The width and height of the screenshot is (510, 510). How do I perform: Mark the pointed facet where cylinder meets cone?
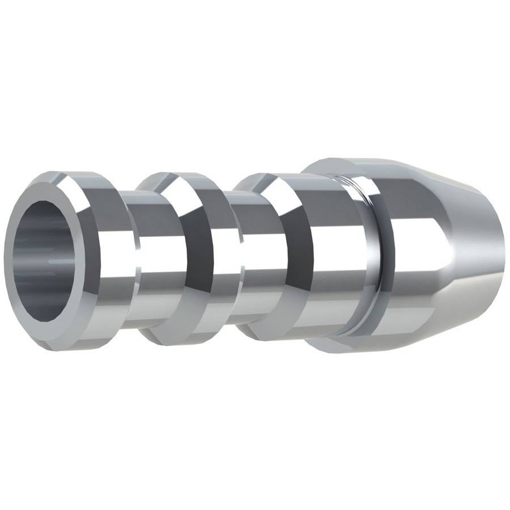point(448,249)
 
